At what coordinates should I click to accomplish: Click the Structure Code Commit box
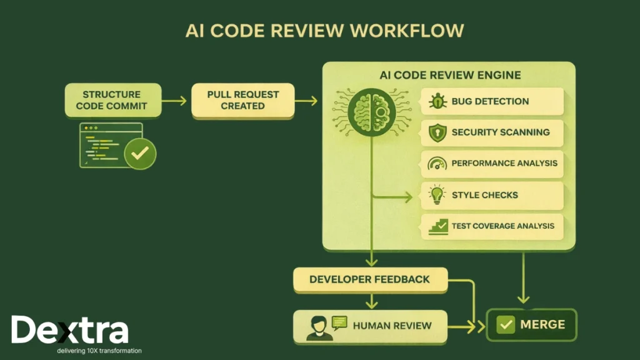pos(112,100)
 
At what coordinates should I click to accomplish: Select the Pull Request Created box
pos(242,100)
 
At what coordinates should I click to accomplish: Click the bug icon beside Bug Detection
pos(437,101)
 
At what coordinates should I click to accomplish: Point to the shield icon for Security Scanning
pos(437,132)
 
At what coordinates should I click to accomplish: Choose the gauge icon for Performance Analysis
pos(437,164)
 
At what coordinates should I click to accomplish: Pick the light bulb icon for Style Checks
pos(437,195)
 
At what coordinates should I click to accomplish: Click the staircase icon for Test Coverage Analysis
pos(438,226)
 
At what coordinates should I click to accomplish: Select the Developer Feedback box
pos(370,279)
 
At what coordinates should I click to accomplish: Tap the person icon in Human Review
pos(317,327)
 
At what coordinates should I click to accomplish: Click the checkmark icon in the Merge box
pos(505,325)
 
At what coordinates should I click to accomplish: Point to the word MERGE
pos(542,325)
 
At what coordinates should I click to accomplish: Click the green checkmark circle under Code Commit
pos(140,152)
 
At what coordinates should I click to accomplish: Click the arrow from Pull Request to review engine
pos(306,100)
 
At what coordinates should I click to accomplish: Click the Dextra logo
pos(69,330)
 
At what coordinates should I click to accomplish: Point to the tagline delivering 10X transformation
pos(99,351)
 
